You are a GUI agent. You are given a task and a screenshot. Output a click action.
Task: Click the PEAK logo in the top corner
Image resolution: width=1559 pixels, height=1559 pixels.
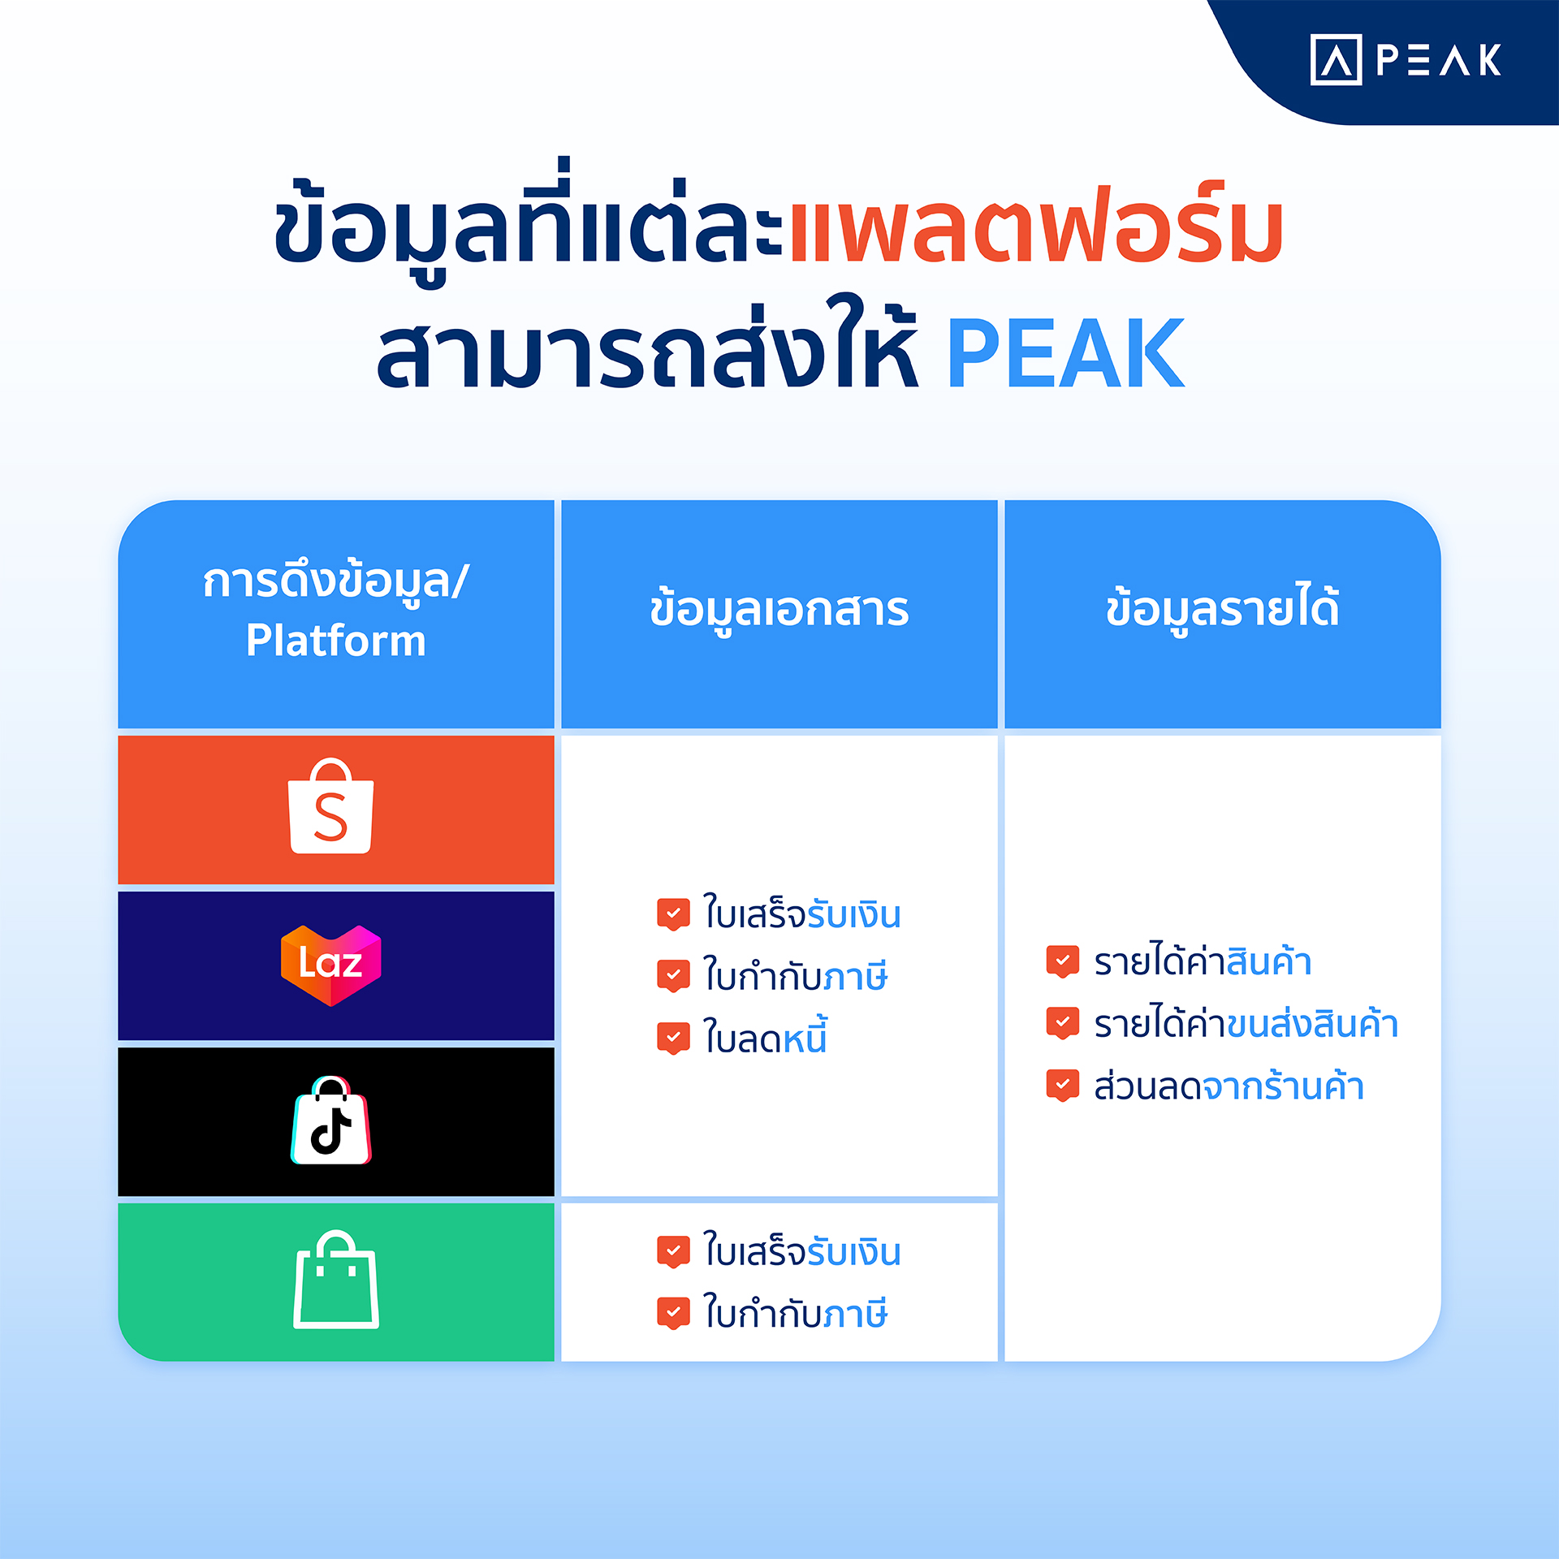[x=1406, y=60]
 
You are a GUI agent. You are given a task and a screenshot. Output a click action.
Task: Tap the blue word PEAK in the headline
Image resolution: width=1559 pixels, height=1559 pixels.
[x=1065, y=353]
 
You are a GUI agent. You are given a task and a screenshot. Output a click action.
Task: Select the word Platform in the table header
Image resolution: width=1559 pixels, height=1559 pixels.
[x=335, y=641]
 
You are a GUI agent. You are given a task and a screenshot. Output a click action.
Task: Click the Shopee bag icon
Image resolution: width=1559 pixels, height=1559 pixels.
[x=331, y=806]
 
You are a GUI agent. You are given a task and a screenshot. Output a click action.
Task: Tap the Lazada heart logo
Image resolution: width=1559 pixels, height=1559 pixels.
[x=331, y=965]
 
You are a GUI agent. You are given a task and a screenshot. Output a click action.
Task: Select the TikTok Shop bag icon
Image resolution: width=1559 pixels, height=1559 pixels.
[x=331, y=1121]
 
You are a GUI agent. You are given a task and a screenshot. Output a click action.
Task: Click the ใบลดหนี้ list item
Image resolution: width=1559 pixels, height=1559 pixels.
[x=765, y=1037]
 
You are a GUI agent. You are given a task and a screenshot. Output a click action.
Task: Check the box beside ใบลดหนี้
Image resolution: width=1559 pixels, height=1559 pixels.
[x=673, y=1039]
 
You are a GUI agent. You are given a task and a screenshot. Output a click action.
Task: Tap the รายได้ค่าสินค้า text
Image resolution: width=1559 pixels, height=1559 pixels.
[x=1203, y=961]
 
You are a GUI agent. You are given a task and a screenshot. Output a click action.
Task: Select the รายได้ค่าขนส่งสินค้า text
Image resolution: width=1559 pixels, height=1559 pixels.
[x=1246, y=1023]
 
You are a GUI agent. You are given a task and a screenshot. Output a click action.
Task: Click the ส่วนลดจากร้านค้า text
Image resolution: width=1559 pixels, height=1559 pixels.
[x=1229, y=1086]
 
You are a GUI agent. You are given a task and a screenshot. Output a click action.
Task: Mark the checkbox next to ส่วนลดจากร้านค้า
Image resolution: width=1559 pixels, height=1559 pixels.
[x=1063, y=1086]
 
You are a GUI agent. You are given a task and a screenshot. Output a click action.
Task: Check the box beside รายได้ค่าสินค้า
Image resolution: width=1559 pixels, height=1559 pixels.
[x=1063, y=961]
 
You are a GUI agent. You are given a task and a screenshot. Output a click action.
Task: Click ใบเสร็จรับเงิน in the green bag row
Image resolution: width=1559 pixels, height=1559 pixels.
[x=802, y=1251]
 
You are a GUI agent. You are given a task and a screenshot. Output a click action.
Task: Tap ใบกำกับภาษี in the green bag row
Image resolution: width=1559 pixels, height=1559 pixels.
[x=795, y=1313]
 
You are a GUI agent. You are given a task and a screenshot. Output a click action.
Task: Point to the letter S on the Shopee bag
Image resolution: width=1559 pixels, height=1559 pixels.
[x=330, y=817]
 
